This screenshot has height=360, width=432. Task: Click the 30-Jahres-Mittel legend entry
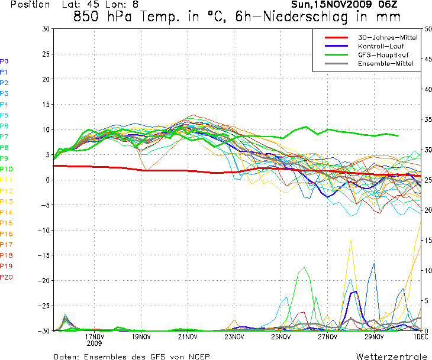388,37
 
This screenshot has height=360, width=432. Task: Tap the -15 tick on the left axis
43,255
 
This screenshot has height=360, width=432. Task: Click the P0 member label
4,61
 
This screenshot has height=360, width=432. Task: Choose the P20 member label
6,277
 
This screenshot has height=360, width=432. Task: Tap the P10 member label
6,170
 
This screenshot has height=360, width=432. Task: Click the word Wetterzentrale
391,357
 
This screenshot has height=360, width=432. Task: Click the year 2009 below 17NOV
94,343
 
